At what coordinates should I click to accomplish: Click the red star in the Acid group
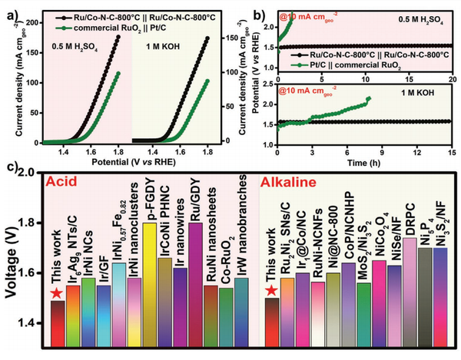[x=54, y=293]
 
